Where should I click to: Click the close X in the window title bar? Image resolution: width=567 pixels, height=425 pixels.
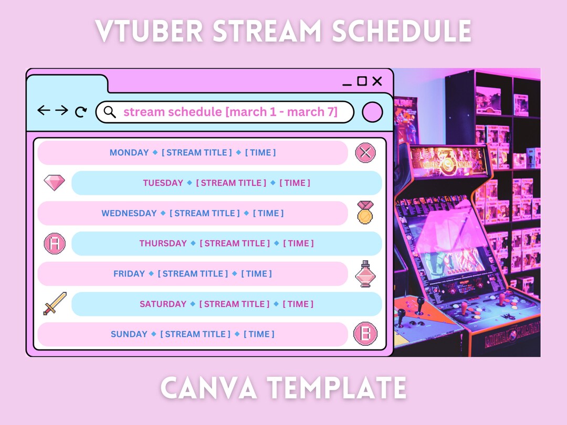[377, 81]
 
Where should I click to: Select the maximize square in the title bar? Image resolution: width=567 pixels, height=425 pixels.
[362, 81]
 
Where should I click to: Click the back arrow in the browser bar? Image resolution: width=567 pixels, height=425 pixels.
[44, 110]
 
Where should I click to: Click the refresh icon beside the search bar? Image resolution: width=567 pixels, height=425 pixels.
[81, 111]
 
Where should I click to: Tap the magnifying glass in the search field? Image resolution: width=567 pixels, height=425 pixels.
[109, 112]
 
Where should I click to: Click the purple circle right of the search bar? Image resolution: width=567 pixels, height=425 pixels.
[372, 112]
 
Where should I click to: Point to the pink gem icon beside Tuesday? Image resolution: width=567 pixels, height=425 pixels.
[54, 183]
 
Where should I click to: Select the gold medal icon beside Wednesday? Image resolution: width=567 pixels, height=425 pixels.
[365, 212]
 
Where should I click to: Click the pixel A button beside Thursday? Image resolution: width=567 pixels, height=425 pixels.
[55, 243]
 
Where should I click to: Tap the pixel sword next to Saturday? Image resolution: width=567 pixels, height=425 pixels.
[55, 303]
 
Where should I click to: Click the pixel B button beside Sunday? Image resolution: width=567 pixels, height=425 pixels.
[365, 334]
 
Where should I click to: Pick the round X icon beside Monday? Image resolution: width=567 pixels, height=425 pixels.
[365, 153]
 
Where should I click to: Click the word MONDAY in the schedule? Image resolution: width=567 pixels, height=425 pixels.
[129, 153]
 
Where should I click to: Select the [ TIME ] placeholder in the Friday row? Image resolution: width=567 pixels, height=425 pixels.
[257, 274]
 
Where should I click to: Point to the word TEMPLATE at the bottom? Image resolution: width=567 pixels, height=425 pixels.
[337, 388]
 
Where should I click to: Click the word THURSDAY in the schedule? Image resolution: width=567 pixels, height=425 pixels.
[163, 243]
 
